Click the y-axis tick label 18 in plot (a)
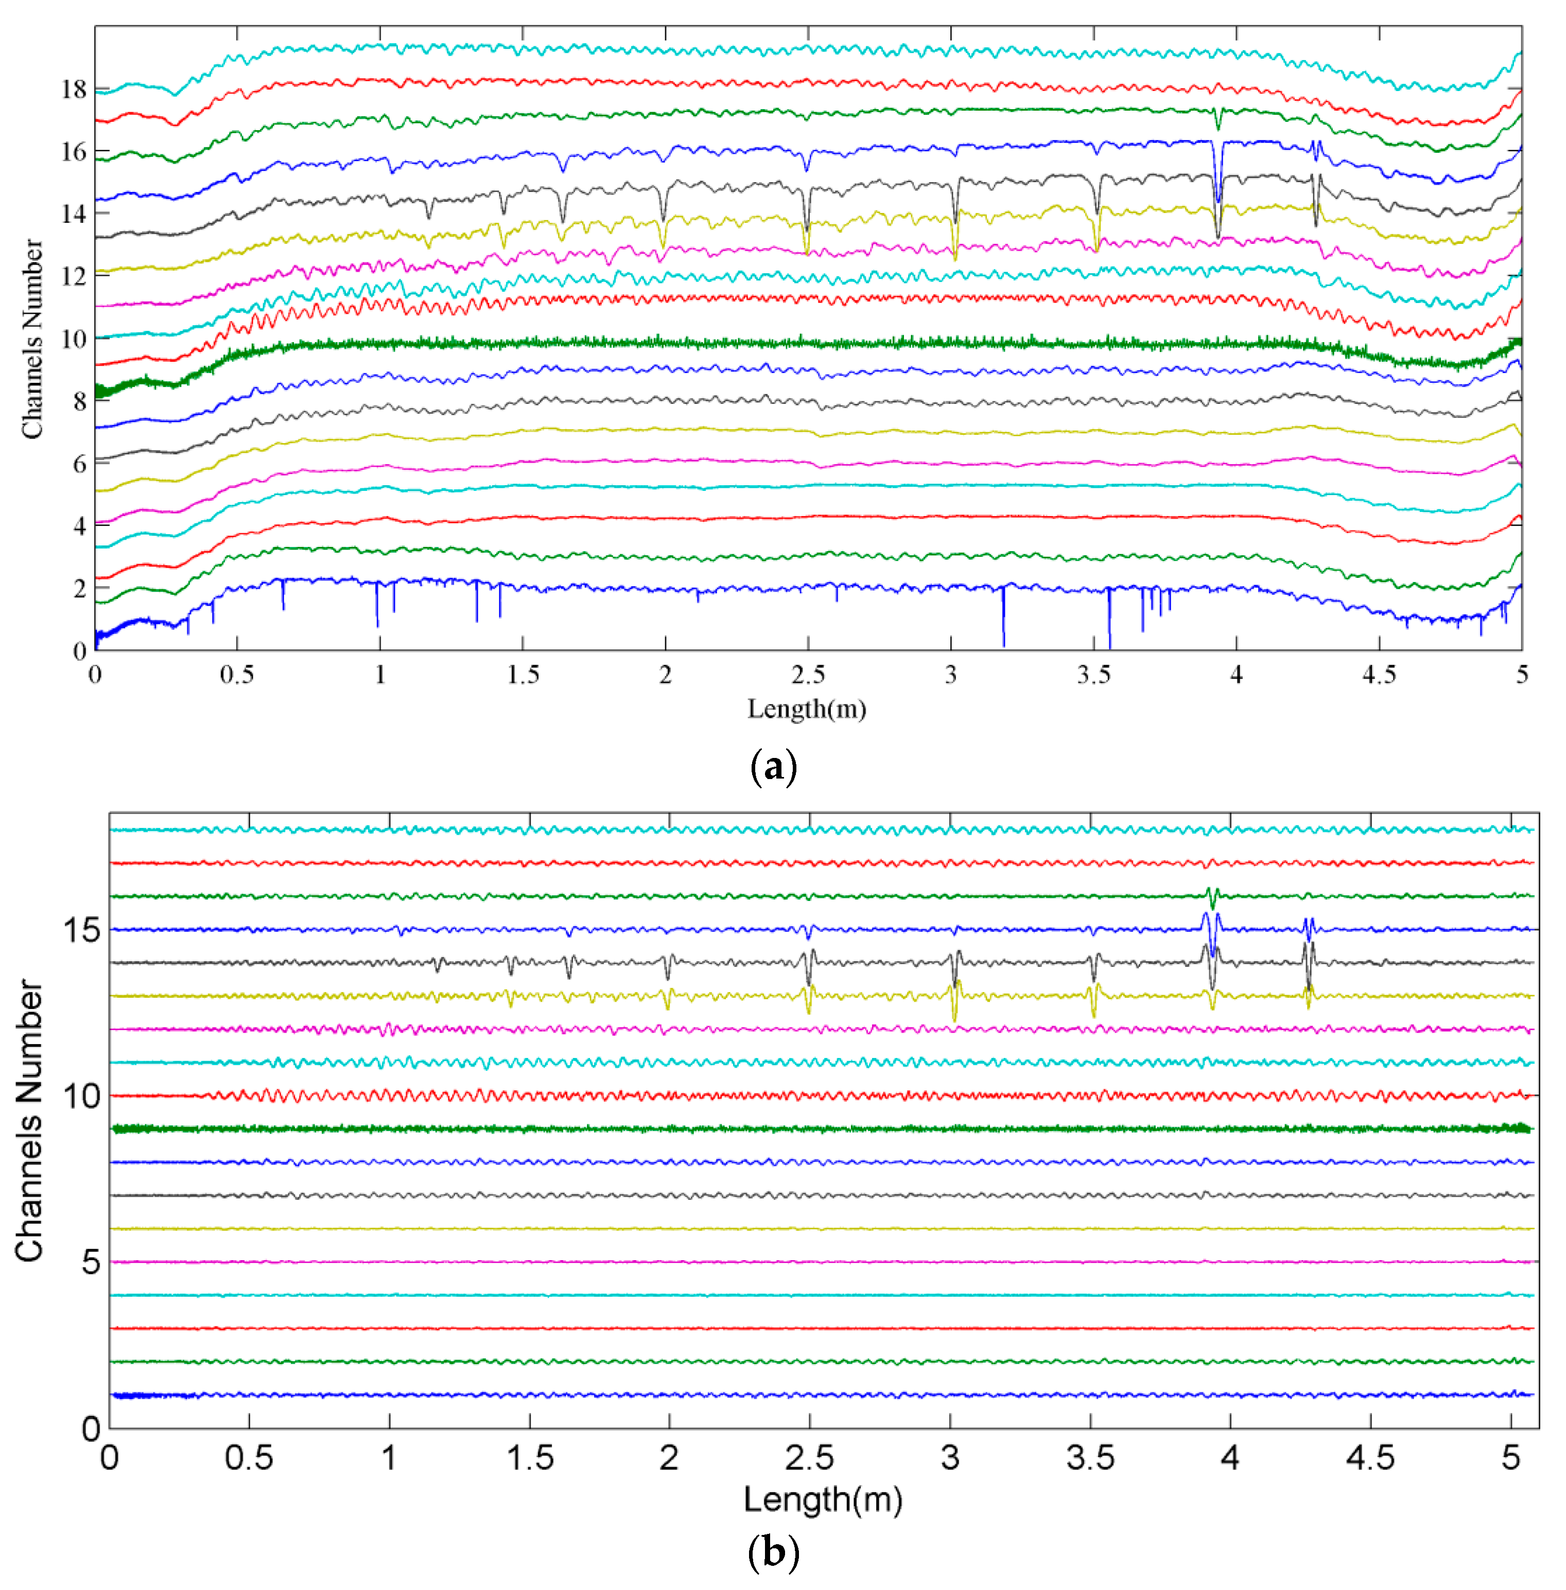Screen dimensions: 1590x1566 [x=74, y=90]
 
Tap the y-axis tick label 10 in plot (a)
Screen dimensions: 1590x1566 [x=74, y=339]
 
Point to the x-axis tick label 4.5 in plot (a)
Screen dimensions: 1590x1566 [x=1379, y=676]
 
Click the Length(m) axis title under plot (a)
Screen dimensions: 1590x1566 [x=806, y=709]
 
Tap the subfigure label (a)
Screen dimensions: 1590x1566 [x=773, y=767]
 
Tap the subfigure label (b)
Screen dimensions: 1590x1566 [x=773, y=1553]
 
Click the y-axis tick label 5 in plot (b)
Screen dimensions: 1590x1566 [x=91, y=1262]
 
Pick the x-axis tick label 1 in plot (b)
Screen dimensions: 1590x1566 [x=389, y=1459]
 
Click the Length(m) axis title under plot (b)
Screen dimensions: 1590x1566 [x=823, y=1500]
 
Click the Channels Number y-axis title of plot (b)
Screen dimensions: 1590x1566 [x=30, y=1120]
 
